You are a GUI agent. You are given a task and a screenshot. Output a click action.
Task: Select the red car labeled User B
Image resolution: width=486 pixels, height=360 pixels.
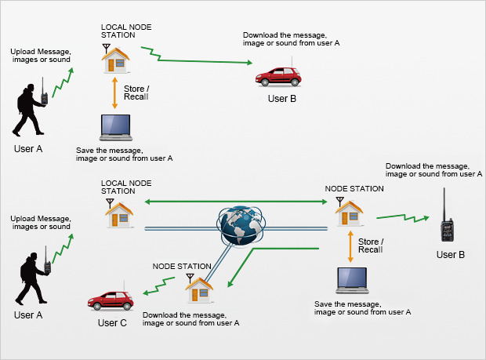(281, 76)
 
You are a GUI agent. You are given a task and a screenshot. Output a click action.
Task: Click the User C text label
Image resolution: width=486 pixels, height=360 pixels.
(113, 322)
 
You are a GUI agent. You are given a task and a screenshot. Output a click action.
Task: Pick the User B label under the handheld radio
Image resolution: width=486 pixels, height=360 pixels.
(450, 255)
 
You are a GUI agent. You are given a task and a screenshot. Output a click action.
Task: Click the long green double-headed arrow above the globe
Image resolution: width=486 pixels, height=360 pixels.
(232, 202)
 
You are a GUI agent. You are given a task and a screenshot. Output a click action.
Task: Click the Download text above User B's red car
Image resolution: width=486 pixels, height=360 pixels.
(291, 39)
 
